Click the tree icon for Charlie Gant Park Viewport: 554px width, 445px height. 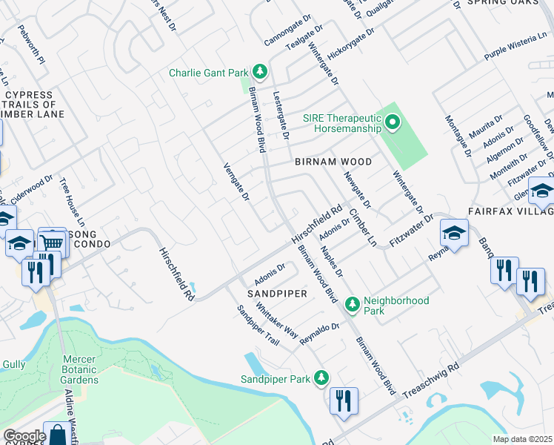click(259, 72)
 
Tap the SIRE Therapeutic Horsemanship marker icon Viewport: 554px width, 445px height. click(391, 122)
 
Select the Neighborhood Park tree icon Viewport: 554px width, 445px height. click(353, 303)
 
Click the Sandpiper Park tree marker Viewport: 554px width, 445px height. click(321, 378)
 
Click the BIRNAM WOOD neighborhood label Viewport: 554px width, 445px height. click(333, 161)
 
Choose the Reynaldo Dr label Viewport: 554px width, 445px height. click(319, 334)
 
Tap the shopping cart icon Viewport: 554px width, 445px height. click(52, 242)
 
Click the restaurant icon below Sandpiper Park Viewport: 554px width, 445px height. click(344, 401)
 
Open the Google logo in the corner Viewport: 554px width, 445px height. click(24, 436)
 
